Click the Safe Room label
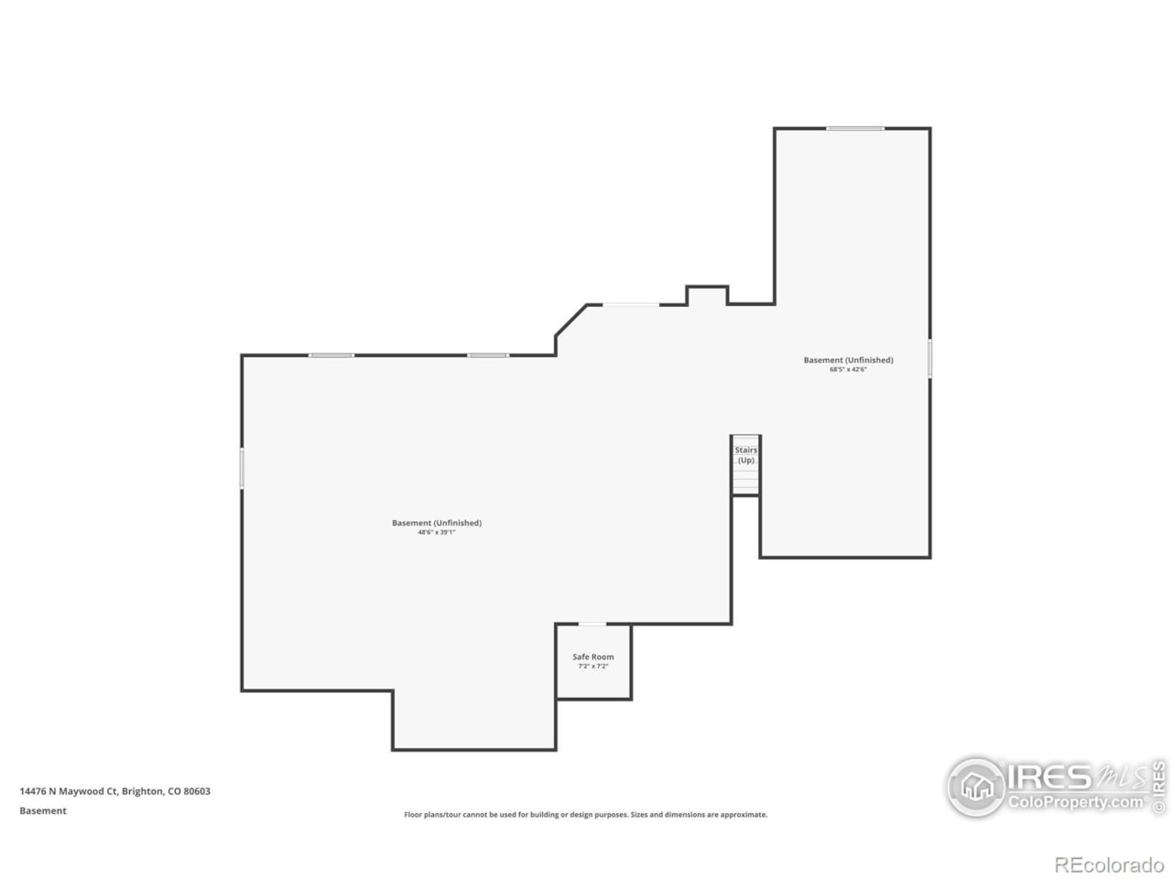pyautogui.click(x=593, y=657)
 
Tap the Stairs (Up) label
pyautogui.click(x=746, y=455)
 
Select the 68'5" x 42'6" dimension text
pyautogui.click(x=848, y=370)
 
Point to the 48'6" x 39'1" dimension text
pyautogui.click(x=437, y=532)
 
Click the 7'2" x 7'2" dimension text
pyautogui.click(x=593, y=667)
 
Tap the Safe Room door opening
pyautogui.click(x=592, y=624)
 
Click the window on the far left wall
pyautogui.click(x=242, y=467)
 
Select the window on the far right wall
pyautogui.click(x=929, y=358)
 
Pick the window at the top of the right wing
pyautogui.click(x=855, y=128)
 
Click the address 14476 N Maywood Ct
pyautogui.click(x=69, y=791)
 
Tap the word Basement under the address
pyautogui.click(x=43, y=810)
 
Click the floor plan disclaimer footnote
pyautogui.click(x=586, y=814)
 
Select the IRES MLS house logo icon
pyautogui.click(x=976, y=787)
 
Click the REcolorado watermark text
pyautogui.click(x=1109, y=864)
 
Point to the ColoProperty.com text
pyautogui.click(x=1076, y=802)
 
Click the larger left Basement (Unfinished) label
pyautogui.click(x=437, y=523)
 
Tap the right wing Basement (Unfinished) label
pyautogui.click(x=848, y=360)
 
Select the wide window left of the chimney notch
pyautogui.click(x=630, y=304)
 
